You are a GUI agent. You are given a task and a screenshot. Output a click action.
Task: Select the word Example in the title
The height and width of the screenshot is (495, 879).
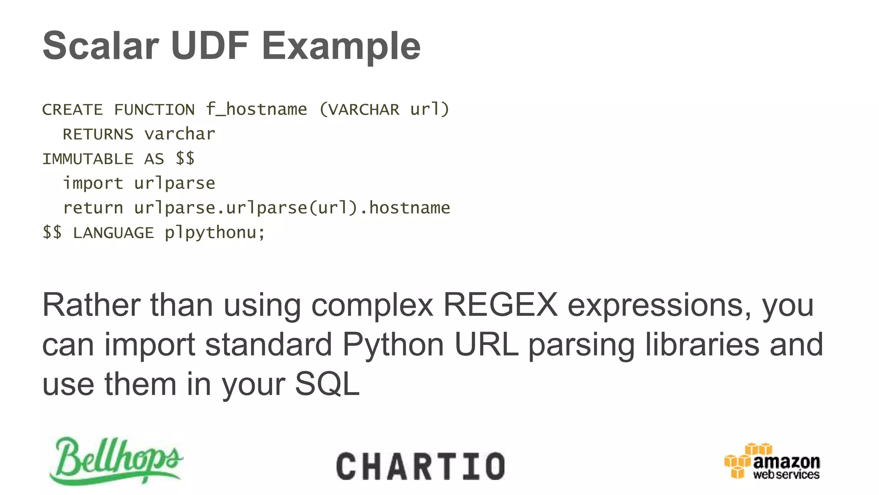pyautogui.click(x=341, y=46)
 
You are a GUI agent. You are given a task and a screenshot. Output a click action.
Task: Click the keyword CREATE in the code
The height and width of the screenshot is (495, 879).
pyautogui.click(x=73, y=110)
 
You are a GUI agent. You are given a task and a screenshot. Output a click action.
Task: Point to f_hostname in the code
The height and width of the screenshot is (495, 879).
pyautogui.click(x=256, y=110)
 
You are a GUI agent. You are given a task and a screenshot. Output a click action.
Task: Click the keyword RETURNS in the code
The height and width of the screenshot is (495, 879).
pyautogui.click(x=98, y=134)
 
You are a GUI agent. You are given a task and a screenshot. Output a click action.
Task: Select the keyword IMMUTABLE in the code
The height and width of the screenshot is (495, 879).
pyautogui.click(x=88, y=159)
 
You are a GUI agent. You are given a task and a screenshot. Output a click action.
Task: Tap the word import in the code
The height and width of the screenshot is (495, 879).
pyautogui.click(x=93, y=183)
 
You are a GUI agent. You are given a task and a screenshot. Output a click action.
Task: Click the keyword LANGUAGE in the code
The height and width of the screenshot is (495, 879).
pyautogui.click(x=113, y=233)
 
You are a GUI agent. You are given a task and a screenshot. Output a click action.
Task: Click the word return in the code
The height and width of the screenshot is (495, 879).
pyautogui.click(x=93, y=208)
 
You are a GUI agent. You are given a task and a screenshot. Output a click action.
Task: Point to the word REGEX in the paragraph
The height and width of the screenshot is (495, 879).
pyautogui.click(x=500, y=305)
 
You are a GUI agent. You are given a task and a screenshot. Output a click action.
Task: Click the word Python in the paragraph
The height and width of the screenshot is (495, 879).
pyautogui.click(x=393, y=345)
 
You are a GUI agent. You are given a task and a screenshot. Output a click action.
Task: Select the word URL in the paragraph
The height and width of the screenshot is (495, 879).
pyautogui.click(x=486, y=345)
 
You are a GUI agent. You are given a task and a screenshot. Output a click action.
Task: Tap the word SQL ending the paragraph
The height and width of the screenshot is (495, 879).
pyautogui.click(x=327, y=384)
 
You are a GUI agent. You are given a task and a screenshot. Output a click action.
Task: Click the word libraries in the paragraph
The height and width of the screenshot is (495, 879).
pyautogui.click(x=703, y=345)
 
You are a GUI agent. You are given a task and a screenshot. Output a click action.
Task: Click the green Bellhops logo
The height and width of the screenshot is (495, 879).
pyautogui.click(x=116, y=461)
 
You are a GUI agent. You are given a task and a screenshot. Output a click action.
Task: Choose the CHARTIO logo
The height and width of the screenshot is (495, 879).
pyautogui.click(x=421, y=466)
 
